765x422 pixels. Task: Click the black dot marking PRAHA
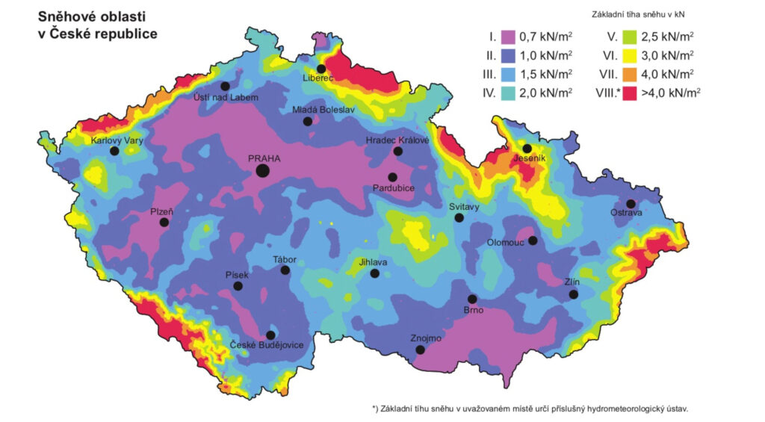coord(262,171)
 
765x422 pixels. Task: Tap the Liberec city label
coord(318,78)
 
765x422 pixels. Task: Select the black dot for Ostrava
coord(631,204)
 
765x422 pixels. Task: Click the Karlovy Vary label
coord(117,140)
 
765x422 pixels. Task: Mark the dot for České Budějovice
coord(270,335)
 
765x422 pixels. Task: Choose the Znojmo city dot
coord(421,350)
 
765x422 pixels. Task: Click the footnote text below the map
coord(535,409)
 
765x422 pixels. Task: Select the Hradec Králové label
coord(397,140)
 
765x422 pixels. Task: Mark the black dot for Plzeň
coord(164,222)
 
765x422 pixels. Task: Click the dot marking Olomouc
coord(533,241)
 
